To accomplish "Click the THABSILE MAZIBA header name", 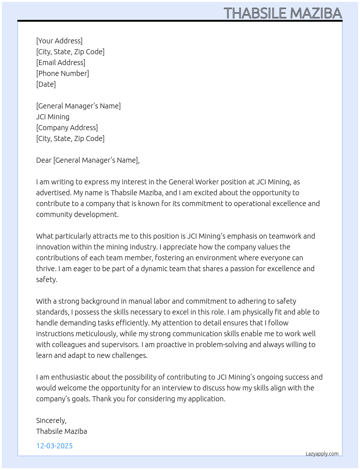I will click(x=283, y=13).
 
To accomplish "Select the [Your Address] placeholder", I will click(x=59, y=41).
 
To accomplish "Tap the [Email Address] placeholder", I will click(x=61, y=63).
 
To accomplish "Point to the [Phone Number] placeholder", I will click(x=63, y=73).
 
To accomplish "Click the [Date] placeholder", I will click(x=46, y=84).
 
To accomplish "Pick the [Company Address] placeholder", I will click(x=67, y=128).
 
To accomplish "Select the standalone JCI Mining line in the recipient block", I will click(x=53, y=117).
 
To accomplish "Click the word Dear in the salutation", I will click(x=44, y=160).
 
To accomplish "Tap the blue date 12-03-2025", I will click(x=55, y=446).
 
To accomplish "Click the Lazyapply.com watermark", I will click(x=322, y=454).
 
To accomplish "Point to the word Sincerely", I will click(x=51, y=420).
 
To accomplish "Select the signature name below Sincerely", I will click(x=61, y=431).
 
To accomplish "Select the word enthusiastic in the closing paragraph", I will click(x=70, y=377).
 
